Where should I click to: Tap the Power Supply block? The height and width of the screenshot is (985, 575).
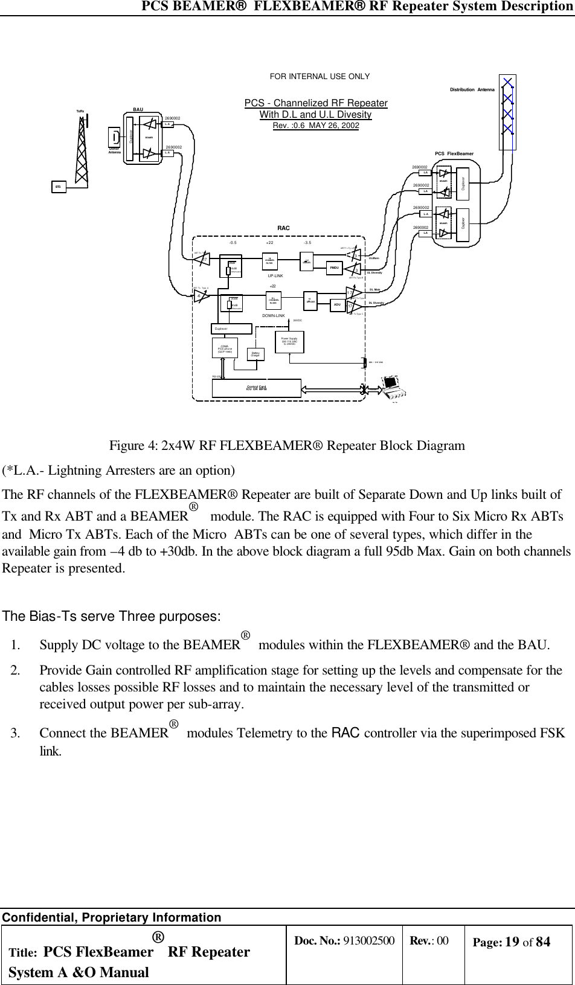[289, 341]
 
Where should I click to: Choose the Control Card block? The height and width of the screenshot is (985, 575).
[257, 388]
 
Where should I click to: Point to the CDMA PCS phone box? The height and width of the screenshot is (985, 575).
[225, 347]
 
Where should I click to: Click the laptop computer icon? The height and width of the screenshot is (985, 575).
[394, 387]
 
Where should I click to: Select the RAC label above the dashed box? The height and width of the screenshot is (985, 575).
[283, 228]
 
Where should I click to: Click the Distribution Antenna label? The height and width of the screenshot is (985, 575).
[472, 90]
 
